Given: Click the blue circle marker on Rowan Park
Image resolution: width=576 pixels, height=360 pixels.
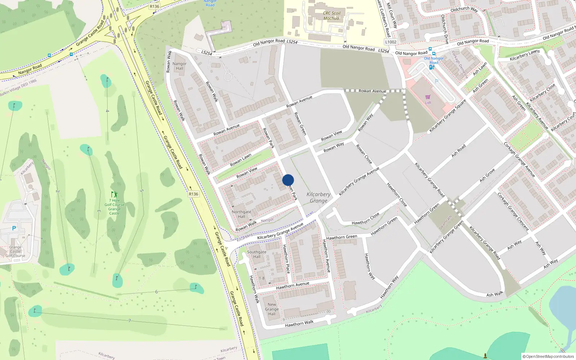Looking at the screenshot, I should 288,180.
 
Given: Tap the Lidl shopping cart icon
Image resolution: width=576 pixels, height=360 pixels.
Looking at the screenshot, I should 428,97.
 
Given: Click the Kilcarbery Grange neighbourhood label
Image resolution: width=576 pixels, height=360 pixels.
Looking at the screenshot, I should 319,197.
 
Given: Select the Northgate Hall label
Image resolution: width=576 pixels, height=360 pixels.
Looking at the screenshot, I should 241,214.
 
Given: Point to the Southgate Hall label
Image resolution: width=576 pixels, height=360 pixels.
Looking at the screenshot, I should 257,254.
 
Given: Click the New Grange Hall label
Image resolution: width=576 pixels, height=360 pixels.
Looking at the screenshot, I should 272,309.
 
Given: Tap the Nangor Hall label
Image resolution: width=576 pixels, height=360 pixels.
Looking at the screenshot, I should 179,66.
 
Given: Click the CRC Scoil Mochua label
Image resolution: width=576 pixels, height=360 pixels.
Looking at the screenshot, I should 332,16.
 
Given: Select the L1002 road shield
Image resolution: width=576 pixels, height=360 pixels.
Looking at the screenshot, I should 391,42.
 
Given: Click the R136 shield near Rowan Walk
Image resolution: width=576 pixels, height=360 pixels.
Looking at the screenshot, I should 193,194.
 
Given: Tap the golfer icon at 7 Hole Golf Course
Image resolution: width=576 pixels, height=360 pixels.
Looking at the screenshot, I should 114,195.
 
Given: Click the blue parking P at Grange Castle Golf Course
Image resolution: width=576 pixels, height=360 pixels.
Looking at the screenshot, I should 14,228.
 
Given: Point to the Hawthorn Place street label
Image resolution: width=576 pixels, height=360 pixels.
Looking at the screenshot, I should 286,259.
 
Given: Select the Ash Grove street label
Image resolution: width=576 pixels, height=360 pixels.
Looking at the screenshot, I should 487,175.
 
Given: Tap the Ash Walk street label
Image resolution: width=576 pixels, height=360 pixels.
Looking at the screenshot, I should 495,294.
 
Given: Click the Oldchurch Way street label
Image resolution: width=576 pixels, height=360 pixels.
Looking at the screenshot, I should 464,9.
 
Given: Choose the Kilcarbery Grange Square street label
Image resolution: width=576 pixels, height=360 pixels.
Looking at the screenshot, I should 447,116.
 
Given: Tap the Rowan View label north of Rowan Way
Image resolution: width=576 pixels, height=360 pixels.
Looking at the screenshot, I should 332,136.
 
